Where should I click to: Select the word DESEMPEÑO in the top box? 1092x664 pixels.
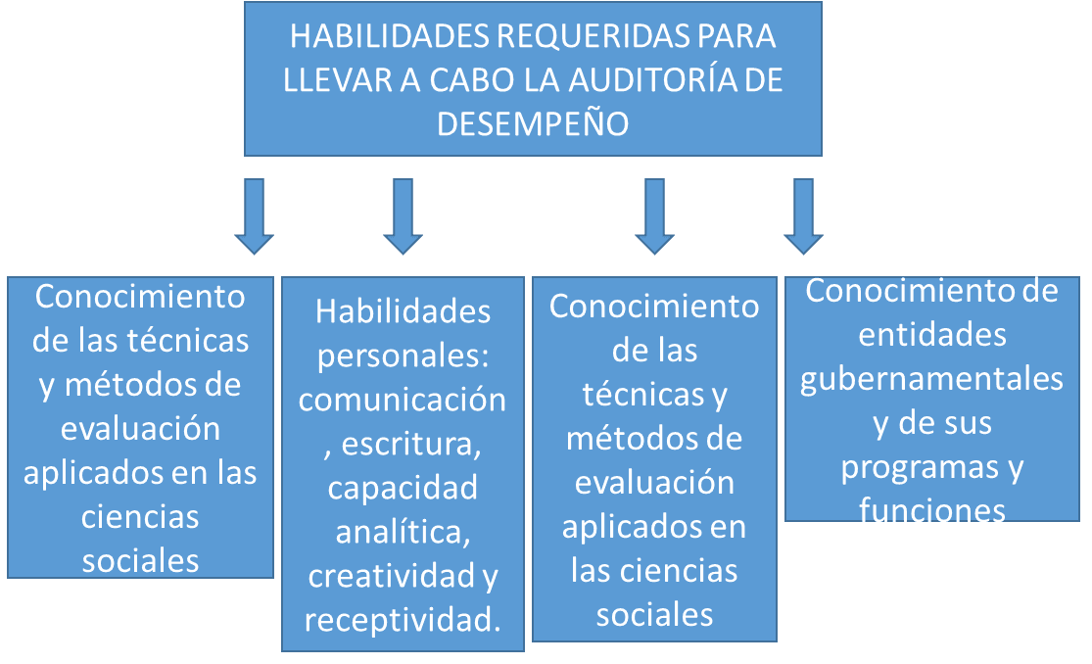point(533,124)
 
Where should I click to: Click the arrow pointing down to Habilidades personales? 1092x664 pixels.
point(403,216)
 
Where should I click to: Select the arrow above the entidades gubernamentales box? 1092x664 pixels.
point(804,216)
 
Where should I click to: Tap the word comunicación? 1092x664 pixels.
point(403,400)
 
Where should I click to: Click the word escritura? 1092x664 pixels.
point(411,444)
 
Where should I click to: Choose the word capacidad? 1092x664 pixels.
point(403,489)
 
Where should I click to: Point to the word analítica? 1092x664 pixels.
point(404,533)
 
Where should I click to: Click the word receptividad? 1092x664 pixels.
point(403,621)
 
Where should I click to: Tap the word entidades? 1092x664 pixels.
point(931,335)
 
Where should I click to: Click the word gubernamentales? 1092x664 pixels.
point(931,380)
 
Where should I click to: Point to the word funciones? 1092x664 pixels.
point(931,510)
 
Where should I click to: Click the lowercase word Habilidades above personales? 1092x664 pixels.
point(403,311)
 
